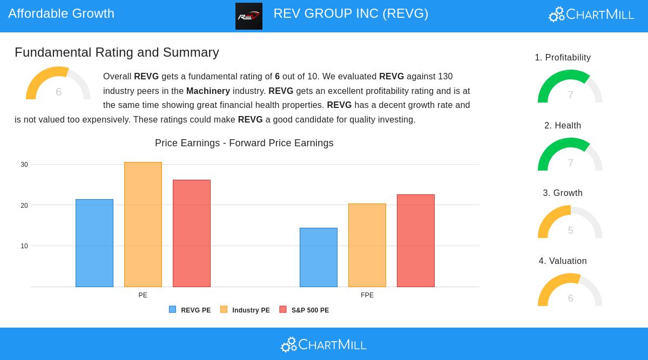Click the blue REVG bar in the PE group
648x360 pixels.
coord(94,243)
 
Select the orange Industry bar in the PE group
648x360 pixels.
coord(143,225)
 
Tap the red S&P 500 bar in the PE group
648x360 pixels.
coord(192,233)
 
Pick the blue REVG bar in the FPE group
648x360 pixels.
coord(319,257)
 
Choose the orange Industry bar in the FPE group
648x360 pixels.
coord(367,245)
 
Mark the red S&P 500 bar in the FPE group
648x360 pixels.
coord(416,241)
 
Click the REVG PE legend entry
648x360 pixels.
coord(190,310)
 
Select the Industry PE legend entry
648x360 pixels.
coord(245,310)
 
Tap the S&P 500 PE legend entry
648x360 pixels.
coord(305,310)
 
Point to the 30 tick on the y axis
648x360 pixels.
coord(24,165)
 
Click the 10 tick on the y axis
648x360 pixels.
coord(24,246)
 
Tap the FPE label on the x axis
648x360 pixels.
coord(367,295)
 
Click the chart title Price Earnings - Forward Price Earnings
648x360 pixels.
coord(244,143)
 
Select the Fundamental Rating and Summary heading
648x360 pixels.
coord(117,52)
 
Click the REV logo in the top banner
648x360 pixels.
coord(249,16)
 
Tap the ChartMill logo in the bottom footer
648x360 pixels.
coord(324,344)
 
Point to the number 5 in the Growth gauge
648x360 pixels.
coord(570,230)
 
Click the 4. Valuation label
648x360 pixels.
coord(563,261)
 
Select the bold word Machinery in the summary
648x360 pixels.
coord(208,91)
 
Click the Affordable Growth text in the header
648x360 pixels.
coord(61,13)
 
